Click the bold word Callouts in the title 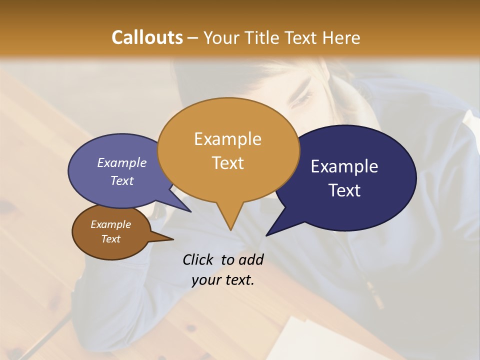pyautogui.click(x=147, y=37)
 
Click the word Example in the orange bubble pyautogui.click(x=227, y=139)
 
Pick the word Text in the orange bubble pyautogui.click(x=227, y=163)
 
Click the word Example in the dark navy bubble pyautogui.click(x=344, y=166)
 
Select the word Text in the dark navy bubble pyautogui.click(x=344, y=190)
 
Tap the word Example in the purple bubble pyautogui.click(x=121, y=163)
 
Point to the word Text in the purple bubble pyautogui.click(x=122, y=180)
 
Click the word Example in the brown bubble pyautogui.click(x=110, y=224)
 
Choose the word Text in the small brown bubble pyautogui.click(x=110, y=239)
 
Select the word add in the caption pyautogui.click(x=251, y=259)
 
